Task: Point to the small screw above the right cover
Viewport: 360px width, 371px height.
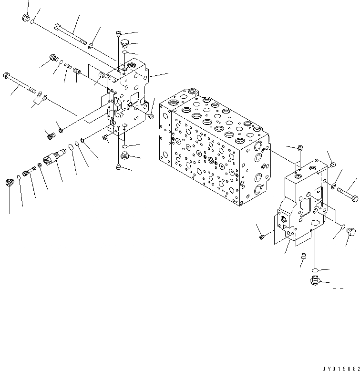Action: [x=299, y=147]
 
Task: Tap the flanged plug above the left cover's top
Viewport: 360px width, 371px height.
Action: [x=124, y=44]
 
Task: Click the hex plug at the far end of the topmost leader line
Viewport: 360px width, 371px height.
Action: [x=26, y=18]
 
